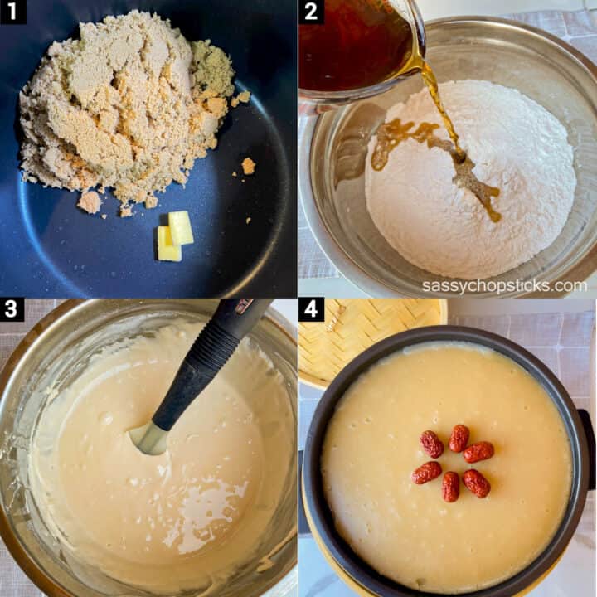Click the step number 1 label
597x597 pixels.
coord(12,12)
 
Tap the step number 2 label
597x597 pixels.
coord(311,12)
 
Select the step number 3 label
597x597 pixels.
coord(12,310)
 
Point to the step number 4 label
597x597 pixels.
coord(311,310)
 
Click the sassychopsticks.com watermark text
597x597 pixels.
coord(504,285)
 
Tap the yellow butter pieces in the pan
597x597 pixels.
coord(175,236)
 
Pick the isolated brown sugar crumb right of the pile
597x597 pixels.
coord(248,166)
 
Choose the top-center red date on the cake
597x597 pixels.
coord(459,438)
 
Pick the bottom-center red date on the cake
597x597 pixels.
coord(450,486)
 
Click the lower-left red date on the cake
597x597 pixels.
coord(427,473)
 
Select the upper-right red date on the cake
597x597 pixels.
coord(478,452)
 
